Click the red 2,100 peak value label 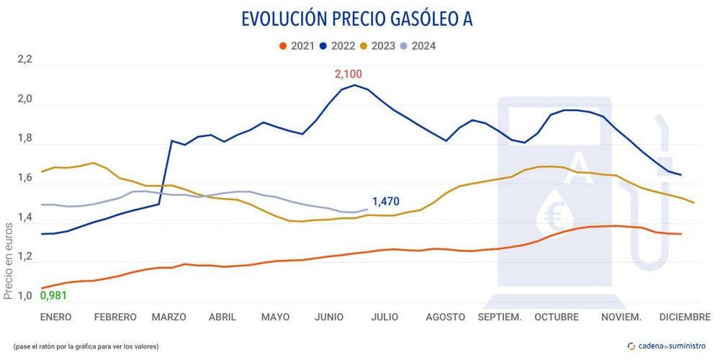point(348,73)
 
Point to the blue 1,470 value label point(387,202)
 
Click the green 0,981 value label point(54,295)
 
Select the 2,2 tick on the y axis point(25,59)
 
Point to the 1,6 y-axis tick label point(25,178)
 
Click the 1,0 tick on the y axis point(25,297)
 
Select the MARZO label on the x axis point(169,317)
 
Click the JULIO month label point(385,317)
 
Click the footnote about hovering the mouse point(86,346)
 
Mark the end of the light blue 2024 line point(367,210)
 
